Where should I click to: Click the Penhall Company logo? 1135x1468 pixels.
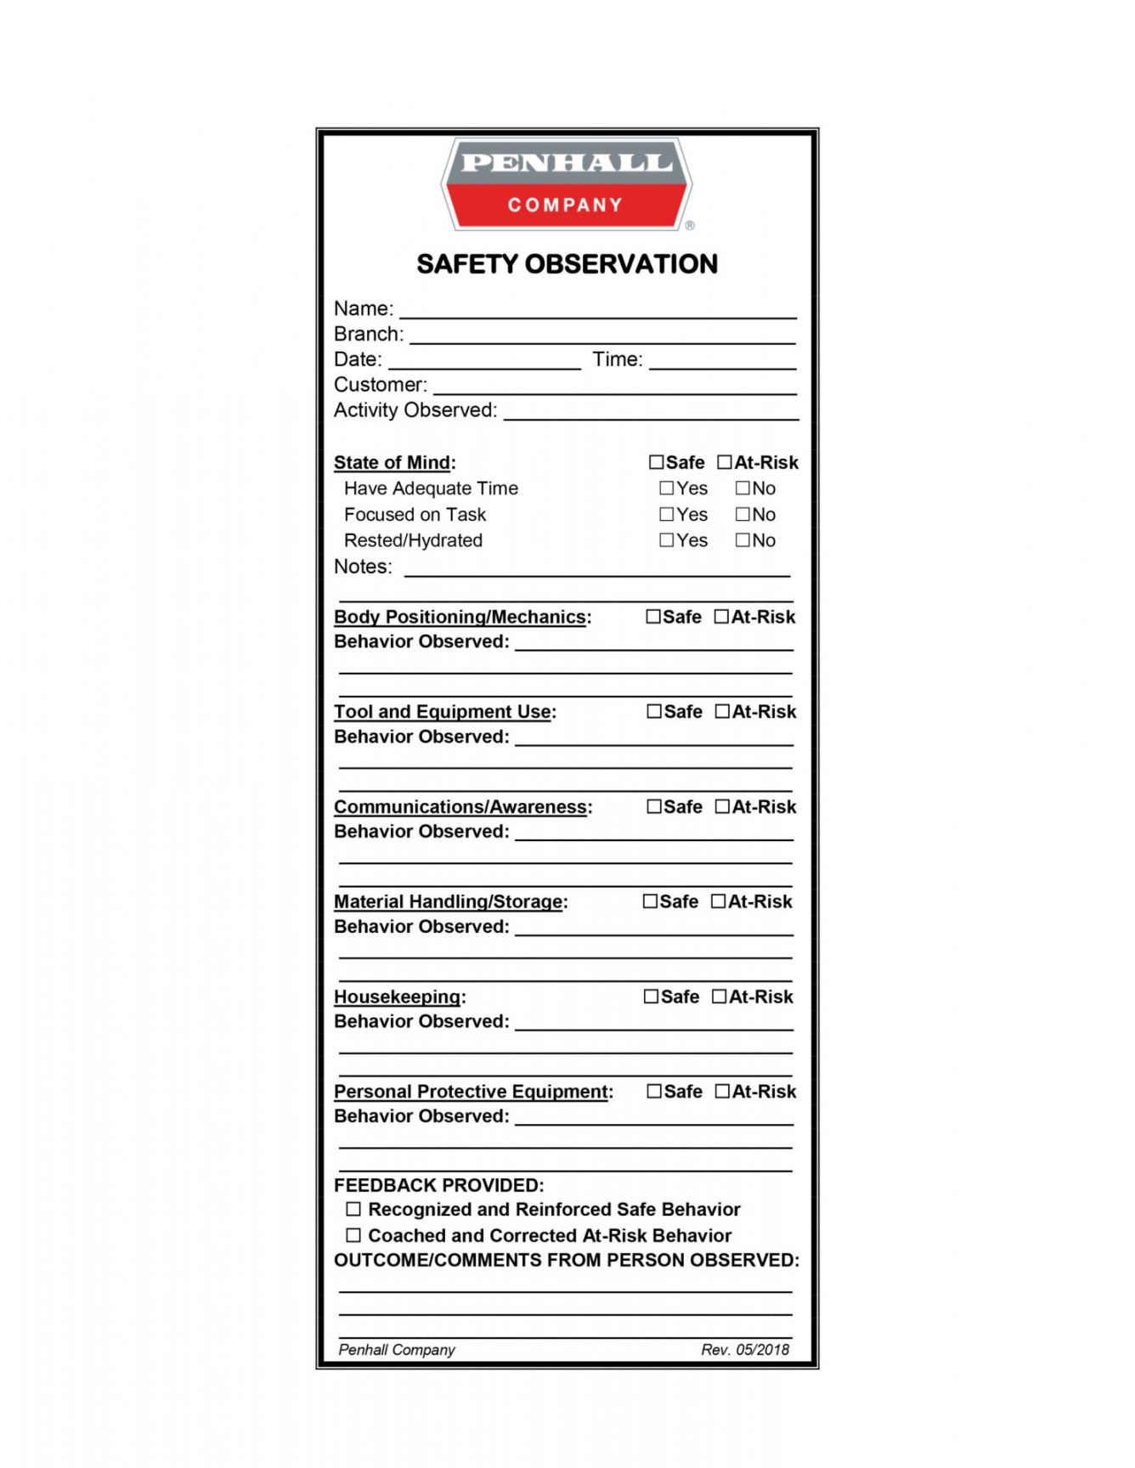tap(567, 184)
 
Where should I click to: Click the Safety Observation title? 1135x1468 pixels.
tap(567, 264)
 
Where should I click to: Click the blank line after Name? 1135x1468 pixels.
tap(598, 311)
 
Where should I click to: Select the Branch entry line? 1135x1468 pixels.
tap(602, 336)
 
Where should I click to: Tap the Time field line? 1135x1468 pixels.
tap(722, 362)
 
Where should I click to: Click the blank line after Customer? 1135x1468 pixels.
tap(615, 387)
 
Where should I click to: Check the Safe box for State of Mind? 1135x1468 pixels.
tap(656, 462)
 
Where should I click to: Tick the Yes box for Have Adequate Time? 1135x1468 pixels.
tap(667, 488)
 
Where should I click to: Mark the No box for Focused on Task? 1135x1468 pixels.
tap(743, 514)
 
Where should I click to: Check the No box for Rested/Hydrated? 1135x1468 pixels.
tap(743, 540)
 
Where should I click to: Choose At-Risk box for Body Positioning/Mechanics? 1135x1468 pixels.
tap(721, 617)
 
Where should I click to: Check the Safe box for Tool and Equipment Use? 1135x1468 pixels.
tap(654, 712)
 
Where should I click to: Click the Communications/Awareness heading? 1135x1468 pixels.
tap(462, 807)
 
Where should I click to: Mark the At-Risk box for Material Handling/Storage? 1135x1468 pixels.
tap(718, 901)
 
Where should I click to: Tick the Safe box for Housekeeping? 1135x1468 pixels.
tap(652, 997)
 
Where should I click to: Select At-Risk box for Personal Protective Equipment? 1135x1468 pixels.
tap(722, 1092)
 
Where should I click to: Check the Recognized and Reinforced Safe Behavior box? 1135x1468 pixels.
tap(353, 1209)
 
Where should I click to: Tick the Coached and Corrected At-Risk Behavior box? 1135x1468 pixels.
tap(353, 1235)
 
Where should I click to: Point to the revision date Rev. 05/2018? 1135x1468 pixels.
tap(745, 1350)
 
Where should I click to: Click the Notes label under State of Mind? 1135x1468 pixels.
tap(363, 567)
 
